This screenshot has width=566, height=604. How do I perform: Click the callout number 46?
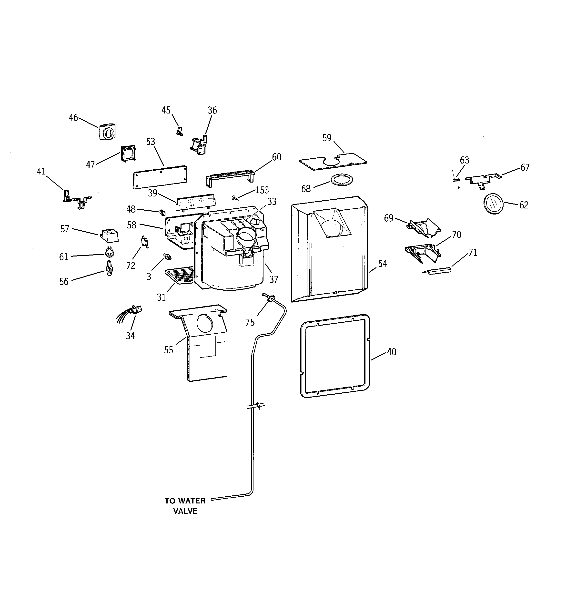pos(73,118)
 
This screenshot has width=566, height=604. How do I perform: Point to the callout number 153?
pos(262,190)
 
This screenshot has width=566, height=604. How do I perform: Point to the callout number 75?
pos(250,322)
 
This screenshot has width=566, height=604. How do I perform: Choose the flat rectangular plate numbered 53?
pos(160,177)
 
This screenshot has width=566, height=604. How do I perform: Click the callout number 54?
pos(382,263)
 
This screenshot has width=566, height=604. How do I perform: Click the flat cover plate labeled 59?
pos(333,161)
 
